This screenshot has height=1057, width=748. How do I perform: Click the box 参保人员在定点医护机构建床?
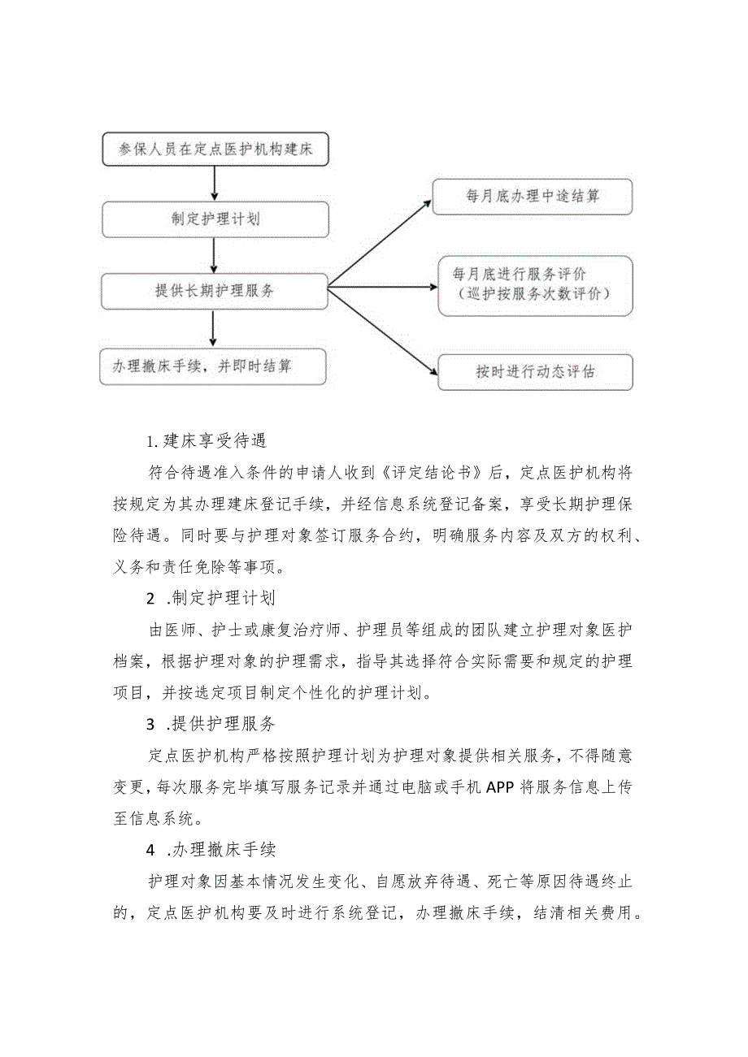coord(215,149)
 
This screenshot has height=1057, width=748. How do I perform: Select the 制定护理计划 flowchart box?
coord(215,219)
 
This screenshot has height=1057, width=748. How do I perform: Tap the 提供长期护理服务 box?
coord(215,291)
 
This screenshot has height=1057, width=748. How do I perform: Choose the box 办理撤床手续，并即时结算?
coord(212,366)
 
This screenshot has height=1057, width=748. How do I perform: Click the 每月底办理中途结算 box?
coord(532,196)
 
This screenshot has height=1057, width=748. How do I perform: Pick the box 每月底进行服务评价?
coord(534,285)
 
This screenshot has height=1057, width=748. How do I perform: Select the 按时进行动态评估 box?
coord(535,372)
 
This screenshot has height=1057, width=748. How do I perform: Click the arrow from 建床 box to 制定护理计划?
coord(215,184)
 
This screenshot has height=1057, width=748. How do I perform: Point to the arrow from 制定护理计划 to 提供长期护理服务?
coord(215,255)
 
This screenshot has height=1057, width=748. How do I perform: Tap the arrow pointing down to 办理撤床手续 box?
coord(213,328)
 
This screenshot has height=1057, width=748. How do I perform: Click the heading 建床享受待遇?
coord(207,441)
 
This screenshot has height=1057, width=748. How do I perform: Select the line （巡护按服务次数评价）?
coord(534,294)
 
